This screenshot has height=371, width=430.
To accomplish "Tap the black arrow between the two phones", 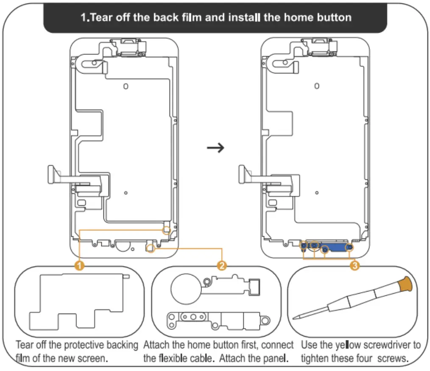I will (215, 147).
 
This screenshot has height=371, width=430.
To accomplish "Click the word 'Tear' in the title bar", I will (101, 17).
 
